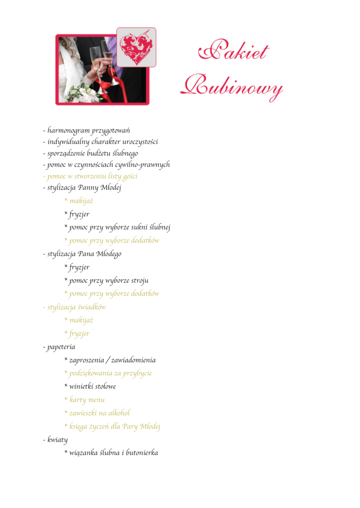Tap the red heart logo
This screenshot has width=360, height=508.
tap(136, 47)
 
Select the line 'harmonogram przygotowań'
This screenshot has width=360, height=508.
tap(86, 131)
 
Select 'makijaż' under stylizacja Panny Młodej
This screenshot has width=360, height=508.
tap(78, 201)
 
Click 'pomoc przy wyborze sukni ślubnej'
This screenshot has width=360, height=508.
tap(117, 228)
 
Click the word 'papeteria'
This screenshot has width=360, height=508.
tap(60, 347)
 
